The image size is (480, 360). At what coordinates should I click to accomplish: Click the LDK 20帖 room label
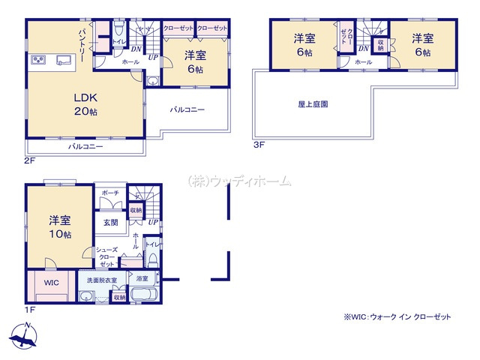pyautogui.click(x=83, y=103)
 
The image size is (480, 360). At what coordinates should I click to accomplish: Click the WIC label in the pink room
pyautogui.click(x=51, y=283)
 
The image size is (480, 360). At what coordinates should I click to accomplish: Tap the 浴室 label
pyautogui.click(x=142, y=279)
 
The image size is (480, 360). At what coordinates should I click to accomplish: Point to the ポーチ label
pyautogui.click(x=108, y=193)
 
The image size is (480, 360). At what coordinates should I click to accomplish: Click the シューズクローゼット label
pyautogui.click(x=106, y=257)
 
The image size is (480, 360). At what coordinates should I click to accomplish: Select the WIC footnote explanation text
pyautogui.click(x=397, y=317)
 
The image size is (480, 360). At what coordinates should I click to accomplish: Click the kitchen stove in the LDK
pyautogui.click(x=40, y=60)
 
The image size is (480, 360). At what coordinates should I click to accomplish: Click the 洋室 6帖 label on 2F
pyautogui.click(x=194, y=60)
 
